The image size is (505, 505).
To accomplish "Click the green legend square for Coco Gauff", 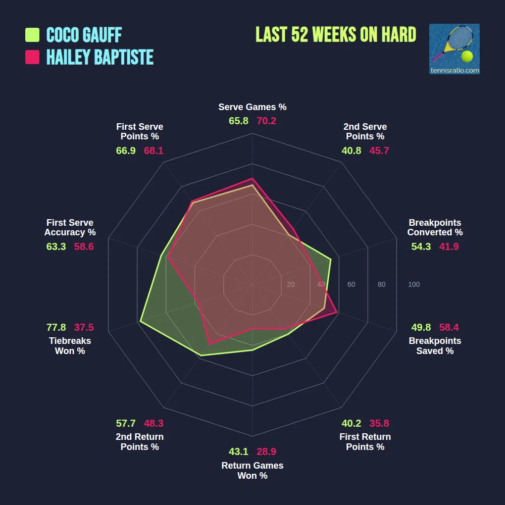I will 32,35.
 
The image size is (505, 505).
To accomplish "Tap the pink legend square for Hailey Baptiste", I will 32,57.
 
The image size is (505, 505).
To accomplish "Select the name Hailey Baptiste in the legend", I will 99,57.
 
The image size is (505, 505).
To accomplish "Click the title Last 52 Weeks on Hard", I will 336,35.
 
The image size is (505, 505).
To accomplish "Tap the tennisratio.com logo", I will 454,49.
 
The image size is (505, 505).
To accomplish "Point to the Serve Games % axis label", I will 252,107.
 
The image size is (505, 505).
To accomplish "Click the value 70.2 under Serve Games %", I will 266,121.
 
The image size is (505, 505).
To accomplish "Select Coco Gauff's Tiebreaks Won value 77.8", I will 56,327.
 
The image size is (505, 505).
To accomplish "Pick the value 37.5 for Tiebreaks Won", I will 84,327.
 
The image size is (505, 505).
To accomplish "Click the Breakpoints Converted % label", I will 435,227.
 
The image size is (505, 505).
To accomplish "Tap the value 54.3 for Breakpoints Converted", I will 421,246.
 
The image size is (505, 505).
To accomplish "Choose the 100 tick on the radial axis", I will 414,285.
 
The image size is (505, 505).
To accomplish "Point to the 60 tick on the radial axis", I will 351,285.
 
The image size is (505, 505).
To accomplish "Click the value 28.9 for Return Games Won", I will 266,451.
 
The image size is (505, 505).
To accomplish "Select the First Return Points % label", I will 365,442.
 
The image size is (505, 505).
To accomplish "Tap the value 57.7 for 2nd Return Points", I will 126,423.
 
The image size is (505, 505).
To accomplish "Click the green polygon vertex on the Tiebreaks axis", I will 140,321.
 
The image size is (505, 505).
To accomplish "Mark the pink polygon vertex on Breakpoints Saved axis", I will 337,313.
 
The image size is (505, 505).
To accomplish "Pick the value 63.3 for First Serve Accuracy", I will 56,246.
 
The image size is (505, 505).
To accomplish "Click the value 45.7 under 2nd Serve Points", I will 379,150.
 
